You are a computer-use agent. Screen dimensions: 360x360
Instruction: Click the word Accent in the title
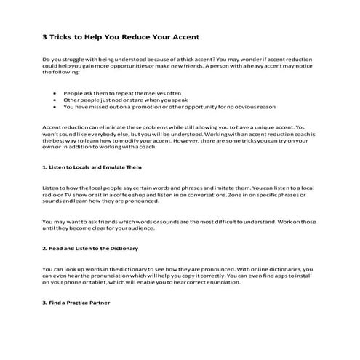tap(183, 36)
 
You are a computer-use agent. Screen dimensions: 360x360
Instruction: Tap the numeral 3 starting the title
tap(44, 36)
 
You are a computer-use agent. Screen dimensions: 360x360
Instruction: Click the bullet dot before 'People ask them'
tap(55, 93)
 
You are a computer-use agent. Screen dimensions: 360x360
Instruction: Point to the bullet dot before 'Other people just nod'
tap(55, 100)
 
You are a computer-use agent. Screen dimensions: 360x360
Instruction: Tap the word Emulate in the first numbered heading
tap(113, 167)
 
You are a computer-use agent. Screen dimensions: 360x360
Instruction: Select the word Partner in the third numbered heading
tap(103, 302)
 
